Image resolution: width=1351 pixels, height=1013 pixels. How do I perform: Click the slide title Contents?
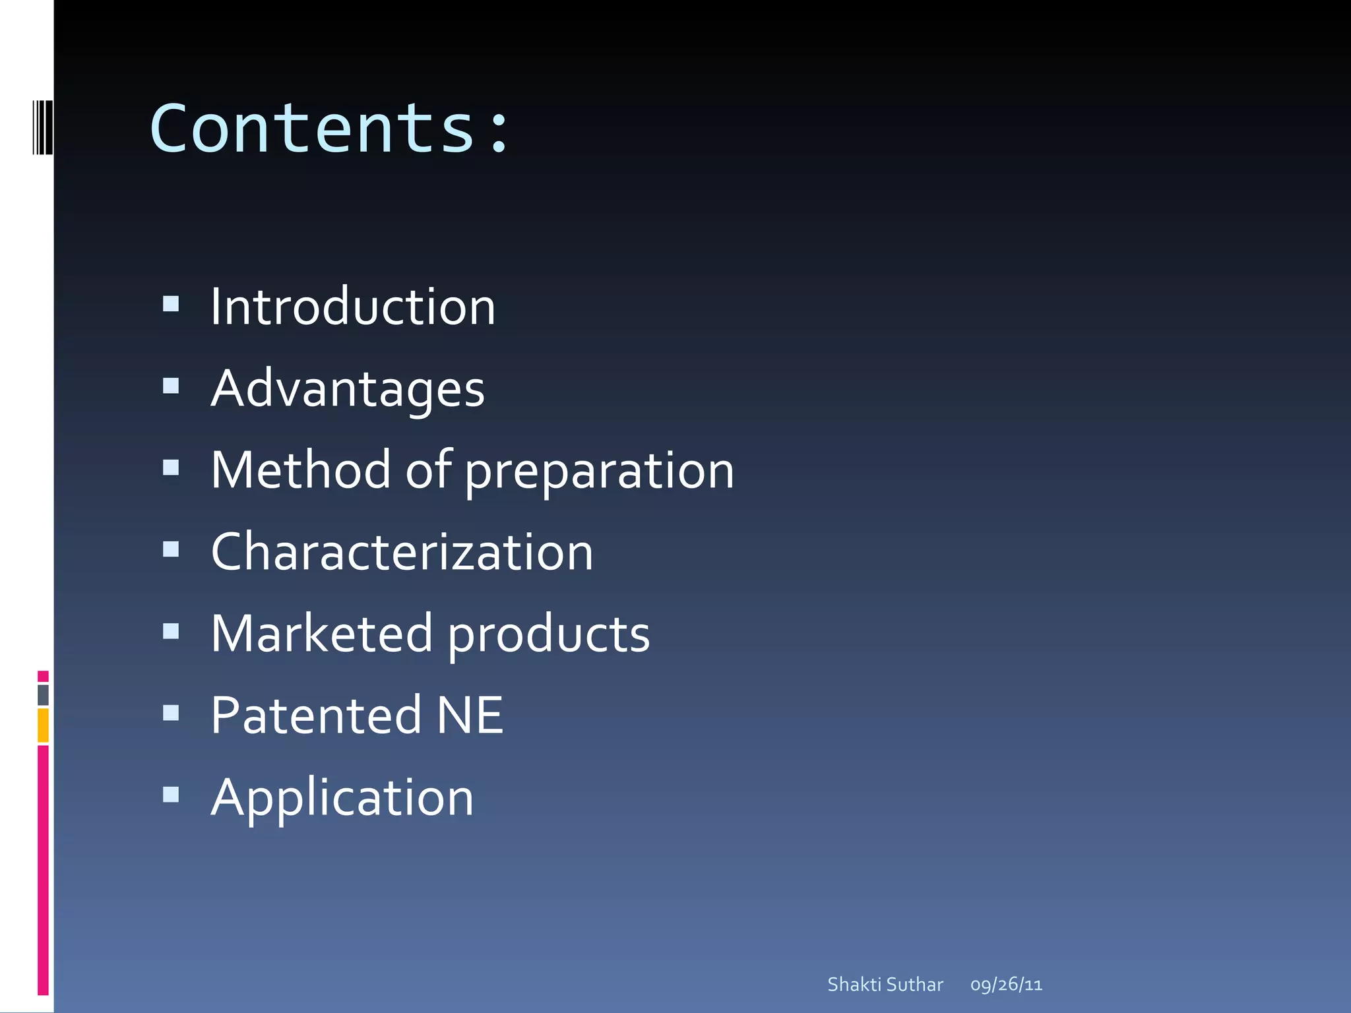(x=329, y=128)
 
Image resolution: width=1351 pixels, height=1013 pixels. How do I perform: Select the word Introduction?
(x=353, y=307)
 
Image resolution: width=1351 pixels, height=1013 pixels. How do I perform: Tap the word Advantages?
(x=348, y=389)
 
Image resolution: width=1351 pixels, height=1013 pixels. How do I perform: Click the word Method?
(x=300, y=470)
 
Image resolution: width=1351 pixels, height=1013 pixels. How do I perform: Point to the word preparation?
(x=599, y=472)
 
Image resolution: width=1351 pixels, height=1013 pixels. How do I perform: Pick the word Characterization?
(x=402, y=552)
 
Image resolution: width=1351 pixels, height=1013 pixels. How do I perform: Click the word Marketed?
(x=321, y=634)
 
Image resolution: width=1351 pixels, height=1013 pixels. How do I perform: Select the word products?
(x=549, y=635)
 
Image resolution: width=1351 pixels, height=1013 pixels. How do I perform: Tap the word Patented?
(x=315, y=716)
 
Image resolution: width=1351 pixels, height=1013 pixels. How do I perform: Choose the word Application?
(x=342, y=798)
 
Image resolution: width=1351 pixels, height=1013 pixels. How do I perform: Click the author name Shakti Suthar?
(x=885, y=985)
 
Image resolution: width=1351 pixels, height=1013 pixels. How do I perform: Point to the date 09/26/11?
(x=1006, y=985)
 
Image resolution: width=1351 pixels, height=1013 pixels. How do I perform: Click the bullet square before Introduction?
(x=171, y=304)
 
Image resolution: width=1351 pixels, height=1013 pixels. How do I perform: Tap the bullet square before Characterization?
(x=171, y=549)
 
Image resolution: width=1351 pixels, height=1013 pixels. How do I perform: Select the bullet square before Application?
(x=171, y=795)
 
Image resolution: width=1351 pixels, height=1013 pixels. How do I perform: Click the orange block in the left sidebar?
(x=43, y=725)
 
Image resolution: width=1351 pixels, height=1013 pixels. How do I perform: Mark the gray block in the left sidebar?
(x=43, y=695)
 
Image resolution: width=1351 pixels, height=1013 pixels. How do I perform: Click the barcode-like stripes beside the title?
(x=42, y=127)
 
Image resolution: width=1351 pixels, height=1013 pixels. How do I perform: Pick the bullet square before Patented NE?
(x=171, y=713)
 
